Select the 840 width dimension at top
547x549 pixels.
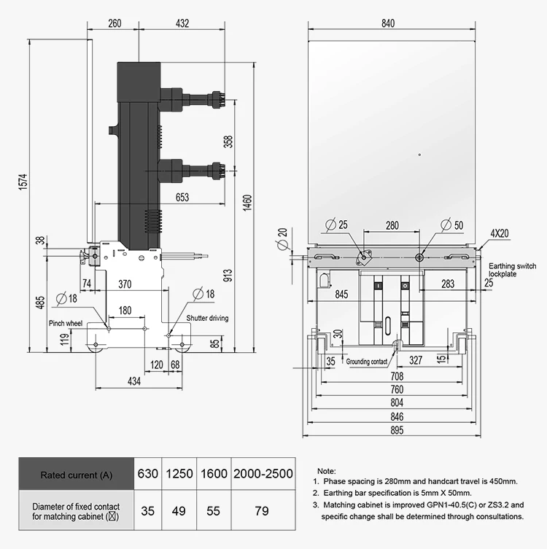pyautogui.click(x=387, y=23)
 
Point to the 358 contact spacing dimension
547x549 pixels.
pyautogui.click(x=228, y=140)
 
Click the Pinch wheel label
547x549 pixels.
pyautogui.click(x=66, y=322)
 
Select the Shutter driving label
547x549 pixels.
pyautogui.click(x=207, y=319)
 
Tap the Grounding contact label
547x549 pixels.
pyautogui.click(x=367, y=361)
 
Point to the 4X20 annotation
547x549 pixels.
pyautogui.click(x=500, y=234)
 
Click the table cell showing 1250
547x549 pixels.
pyautogui.click(x=179, y=473)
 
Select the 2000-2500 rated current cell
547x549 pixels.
pyautogui.click(x=263, y=473)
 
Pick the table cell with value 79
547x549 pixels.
pyautogui.click(x=263, y=511)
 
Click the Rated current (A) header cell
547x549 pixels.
pyautogui.click(x=76, y=474)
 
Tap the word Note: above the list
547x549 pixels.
pyautogui.click(x=327, y=472)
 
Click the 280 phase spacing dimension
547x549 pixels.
pyautogui.click(x=392, y=225)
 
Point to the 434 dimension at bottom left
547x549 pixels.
pyautogui.click(x=134, y=381)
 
